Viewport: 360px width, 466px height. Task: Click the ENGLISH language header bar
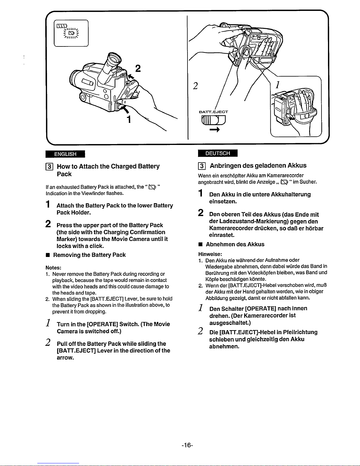click(x=65, y=154)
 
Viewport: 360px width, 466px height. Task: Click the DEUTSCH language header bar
click(x=217, y=153)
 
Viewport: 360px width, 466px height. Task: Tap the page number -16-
click(x=187, y=445)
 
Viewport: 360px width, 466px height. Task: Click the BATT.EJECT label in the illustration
click(x=213, y=112)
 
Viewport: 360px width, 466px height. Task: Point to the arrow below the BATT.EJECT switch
click(x=215, y=130)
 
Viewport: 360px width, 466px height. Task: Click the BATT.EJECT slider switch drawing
click(x=213, y=120)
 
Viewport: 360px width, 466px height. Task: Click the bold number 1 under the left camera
click(x=129, y=119)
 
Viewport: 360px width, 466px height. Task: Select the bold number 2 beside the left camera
click(x=138, y=69)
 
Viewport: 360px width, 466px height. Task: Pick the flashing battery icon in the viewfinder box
click(x=71, y=33)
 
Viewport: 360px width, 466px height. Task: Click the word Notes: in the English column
click(x=53, y=268)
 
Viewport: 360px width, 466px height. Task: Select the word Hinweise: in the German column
click(x=210, y=254)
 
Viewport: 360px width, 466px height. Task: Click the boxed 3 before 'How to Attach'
click(x=49, y=167)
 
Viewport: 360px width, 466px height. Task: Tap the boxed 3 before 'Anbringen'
click(x=202, y=166)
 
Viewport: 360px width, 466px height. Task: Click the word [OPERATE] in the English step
click(x=103, y=324)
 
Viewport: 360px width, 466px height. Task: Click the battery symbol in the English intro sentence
click(x=152, y=187)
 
